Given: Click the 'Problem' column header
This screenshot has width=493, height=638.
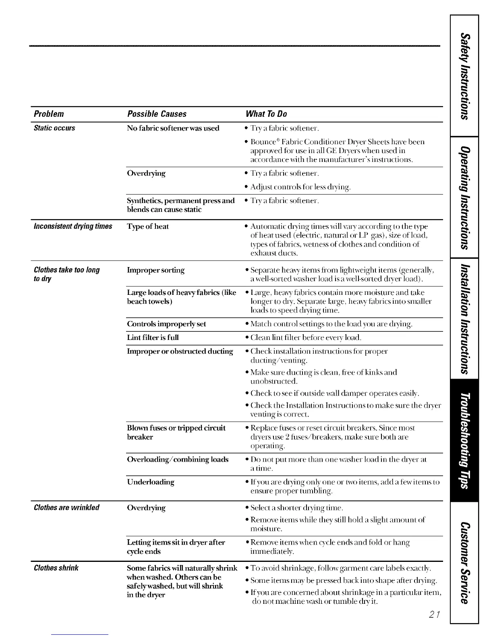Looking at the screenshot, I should pyautogui.click(x=49, y=114).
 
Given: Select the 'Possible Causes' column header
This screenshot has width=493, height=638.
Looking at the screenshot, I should pyautogui.click(x=157, y=114).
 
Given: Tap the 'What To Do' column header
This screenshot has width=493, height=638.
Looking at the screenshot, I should pyautogui.click(x=266, y=114).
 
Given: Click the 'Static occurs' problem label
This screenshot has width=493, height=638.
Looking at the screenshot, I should pyautogui.click(x=54, y=128).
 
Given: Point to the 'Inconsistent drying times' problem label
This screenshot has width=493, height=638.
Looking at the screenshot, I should pyautogui.click(x=73, y=226).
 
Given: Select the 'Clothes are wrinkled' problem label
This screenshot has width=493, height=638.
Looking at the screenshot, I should pyautogui.click(x=66, y=507).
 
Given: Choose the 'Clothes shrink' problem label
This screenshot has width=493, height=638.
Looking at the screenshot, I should pyautogui.click(x=56, y=568).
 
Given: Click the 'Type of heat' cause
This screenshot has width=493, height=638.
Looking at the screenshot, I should pyautogui.click(x=148, y=226).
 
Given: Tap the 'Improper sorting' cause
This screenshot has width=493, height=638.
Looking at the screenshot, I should pyautogui.click(x=156, y=270).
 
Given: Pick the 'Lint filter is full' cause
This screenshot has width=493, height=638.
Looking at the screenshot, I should pyautogui.click(x=153, y=338).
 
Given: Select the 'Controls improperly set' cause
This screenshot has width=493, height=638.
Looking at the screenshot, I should pyautogui.click(x=166, y=324).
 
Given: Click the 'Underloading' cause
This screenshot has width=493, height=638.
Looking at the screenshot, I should pyautogui.click(x=151, y=482).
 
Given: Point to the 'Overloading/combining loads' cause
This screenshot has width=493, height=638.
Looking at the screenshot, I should pyautogui.click(x=178, y=459).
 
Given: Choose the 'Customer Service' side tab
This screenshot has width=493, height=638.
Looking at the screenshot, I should pyautogui.click(x=465, y=562).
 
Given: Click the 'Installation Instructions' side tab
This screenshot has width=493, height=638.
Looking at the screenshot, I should pyautogui.click(x=465, y=318).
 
